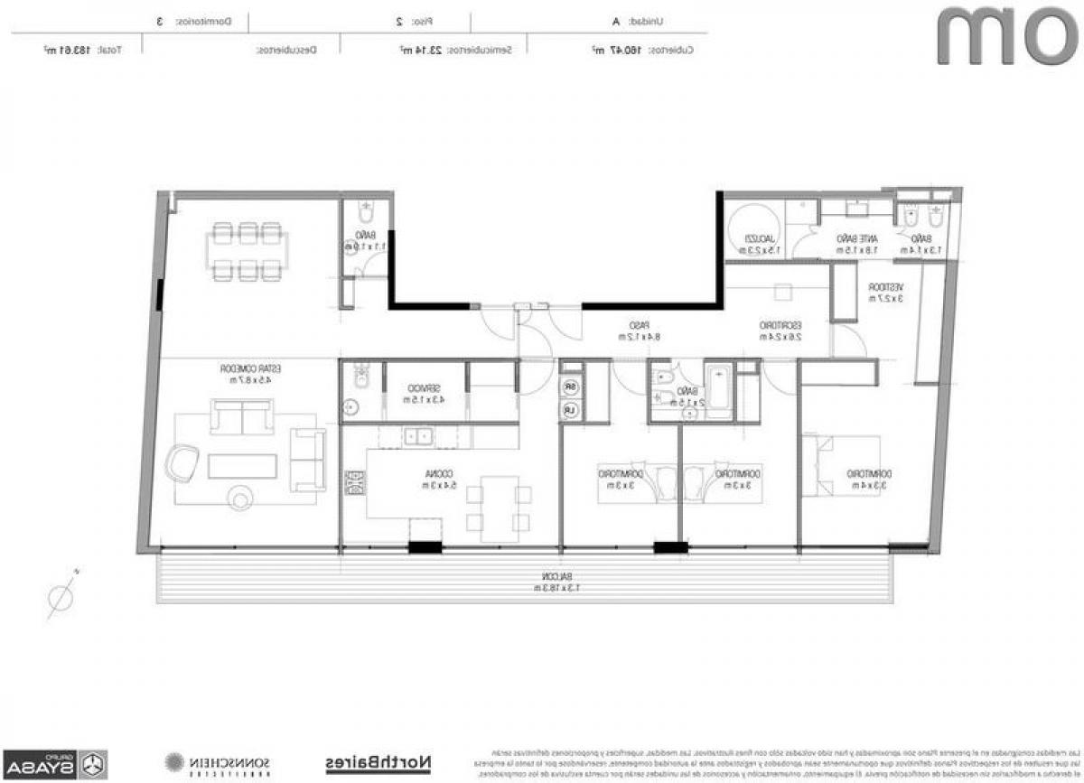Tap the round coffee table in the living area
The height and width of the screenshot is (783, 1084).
[242, 496]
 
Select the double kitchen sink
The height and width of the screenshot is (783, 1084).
[418, 437]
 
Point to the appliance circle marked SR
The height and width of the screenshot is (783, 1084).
[570, 387]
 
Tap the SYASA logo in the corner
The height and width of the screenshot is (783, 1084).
[54, 763]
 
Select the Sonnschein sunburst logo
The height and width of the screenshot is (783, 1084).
[175, 763]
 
